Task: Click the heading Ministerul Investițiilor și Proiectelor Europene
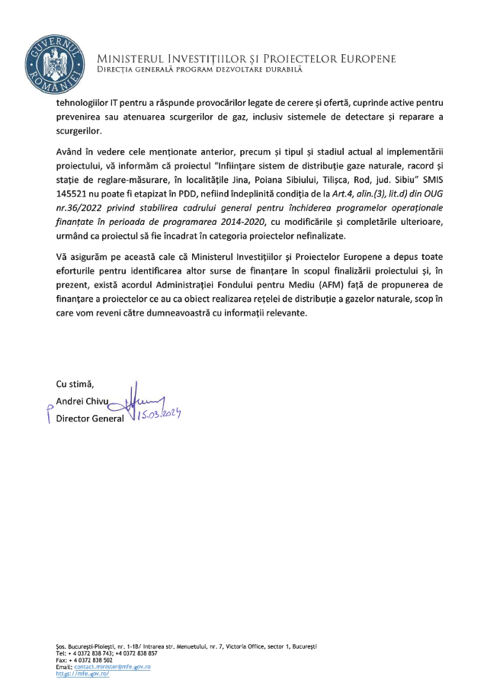pos(246,59)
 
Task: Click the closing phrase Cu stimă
pos(75,383)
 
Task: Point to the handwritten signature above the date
pos(146,396)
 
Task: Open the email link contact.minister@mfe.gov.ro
pos(114,665)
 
